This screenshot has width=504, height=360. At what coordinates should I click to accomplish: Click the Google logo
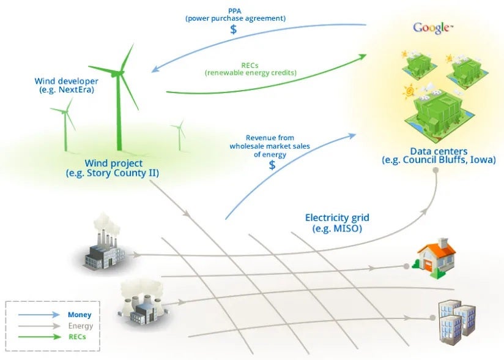coord(432,28)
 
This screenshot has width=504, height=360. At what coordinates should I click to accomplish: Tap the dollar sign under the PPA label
coord(234,29)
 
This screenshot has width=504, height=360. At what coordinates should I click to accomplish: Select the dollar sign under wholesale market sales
coord(272,165)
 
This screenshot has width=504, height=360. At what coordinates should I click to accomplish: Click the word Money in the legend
coord(80,315)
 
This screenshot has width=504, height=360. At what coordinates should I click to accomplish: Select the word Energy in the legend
coord(81,326)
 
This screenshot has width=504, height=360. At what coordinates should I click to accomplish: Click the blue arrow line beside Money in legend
coord(37,315)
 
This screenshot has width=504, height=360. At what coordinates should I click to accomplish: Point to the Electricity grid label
coord(337,218)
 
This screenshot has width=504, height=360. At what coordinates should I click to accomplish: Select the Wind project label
coord(114,164)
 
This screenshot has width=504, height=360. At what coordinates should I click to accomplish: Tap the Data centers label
coord(439,151)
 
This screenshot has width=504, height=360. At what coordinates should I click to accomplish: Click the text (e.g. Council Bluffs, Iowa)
coord(439,160)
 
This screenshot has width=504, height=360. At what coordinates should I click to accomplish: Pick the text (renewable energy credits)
coord(250,73)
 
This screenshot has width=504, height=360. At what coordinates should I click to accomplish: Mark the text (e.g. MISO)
coord(337,228)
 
